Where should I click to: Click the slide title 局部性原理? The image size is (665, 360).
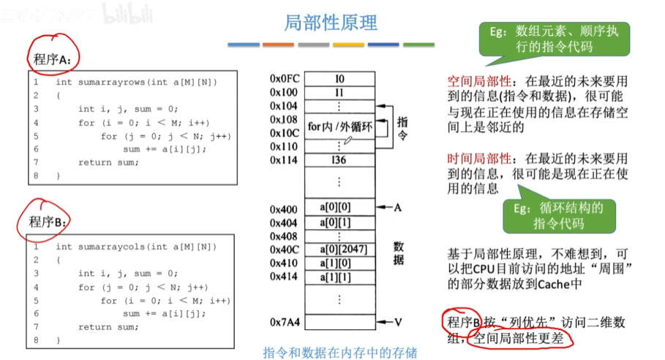coord(331,23)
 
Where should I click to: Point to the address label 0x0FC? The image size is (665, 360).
coord(284,78)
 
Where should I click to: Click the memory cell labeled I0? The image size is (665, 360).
coord(339,78)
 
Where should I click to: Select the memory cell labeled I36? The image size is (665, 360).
coord(339,160)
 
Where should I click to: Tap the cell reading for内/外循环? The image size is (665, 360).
coord(339,127)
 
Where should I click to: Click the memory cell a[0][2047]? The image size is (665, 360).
coord(342,249)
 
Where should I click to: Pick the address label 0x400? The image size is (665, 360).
coord(284,208)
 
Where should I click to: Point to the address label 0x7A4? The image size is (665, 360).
coord(284,321)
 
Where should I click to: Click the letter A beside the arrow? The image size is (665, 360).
coord(399,208)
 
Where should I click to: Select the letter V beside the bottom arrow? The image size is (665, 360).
coord(399,321)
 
